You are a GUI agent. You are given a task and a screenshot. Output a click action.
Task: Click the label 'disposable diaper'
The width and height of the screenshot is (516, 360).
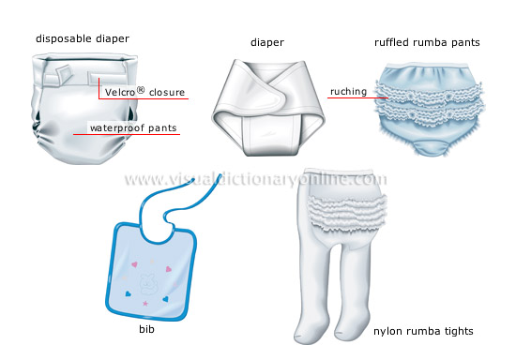pyautogui.click(x=82, y=38)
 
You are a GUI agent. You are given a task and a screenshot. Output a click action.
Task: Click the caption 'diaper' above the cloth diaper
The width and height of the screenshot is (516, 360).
pyautogui.click(x=266, y=41)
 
